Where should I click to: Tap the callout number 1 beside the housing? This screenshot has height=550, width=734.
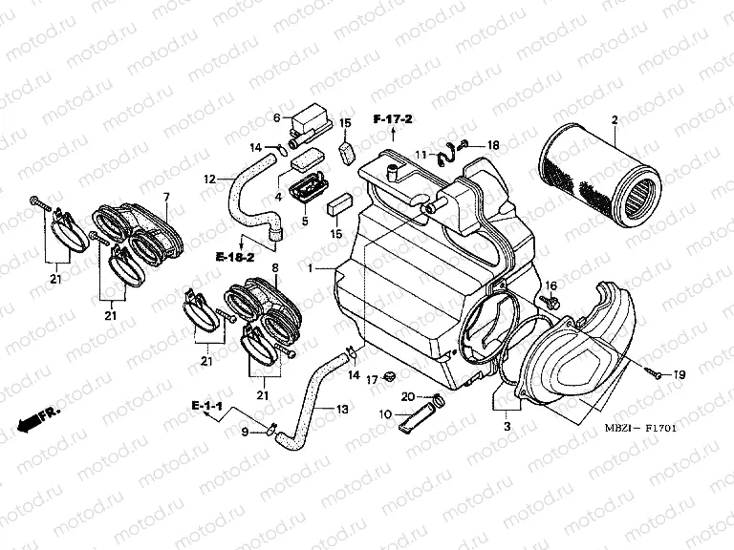[310, 270]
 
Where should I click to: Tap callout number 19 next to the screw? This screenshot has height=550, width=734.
[680, 375]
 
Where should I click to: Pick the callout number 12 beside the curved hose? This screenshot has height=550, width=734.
[209, 179]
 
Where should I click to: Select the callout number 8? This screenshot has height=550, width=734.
[275, 268]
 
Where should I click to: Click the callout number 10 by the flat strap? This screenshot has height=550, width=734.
[386, 413]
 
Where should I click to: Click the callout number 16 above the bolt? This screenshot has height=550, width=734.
[550, 286]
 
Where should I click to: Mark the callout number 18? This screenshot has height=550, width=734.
[493, 145]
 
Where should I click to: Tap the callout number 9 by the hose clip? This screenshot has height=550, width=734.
[244, 433]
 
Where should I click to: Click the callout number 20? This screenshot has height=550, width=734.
[406, 396]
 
